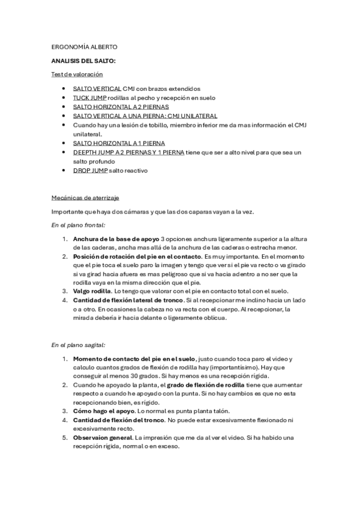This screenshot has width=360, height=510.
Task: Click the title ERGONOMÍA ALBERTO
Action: click(x=84, y=47)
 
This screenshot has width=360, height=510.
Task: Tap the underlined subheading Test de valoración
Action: click(x=77, y=75)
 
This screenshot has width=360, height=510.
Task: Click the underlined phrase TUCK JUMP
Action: click(x=90, y=97)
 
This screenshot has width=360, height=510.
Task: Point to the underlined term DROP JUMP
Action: click(x=90, y=171)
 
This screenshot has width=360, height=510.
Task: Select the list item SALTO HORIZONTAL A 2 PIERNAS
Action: click(x=119, y=106)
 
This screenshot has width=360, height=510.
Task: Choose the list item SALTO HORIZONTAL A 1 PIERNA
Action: click(x=118, y=143)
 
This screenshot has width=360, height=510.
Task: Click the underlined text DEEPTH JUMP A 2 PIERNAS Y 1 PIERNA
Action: click(x=129, y=152)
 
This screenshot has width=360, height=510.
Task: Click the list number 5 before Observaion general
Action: click(x=65, y=438)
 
